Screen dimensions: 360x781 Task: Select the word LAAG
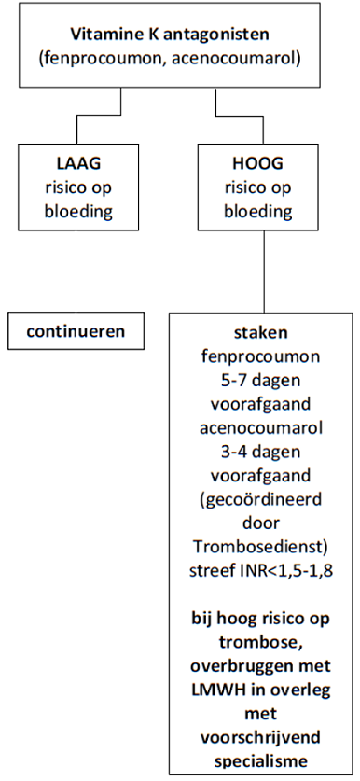(78, 164)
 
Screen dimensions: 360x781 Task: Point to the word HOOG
(258, 164)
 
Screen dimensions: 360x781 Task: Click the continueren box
(76, 330)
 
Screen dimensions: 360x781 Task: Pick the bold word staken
(261, 333)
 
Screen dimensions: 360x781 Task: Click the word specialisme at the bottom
(261, 762)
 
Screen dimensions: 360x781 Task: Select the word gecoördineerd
(261, 499)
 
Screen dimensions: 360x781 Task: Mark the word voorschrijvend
(261, 738)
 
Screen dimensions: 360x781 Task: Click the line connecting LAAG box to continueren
(76, 272)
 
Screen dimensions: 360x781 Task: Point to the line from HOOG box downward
(264, 272)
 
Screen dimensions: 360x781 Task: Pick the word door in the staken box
(261, 523)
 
